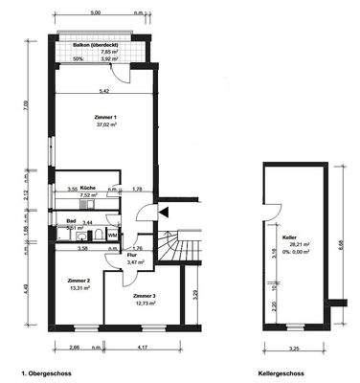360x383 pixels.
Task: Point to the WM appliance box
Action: coord(112,235)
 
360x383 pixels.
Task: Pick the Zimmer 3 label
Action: coord(146,297)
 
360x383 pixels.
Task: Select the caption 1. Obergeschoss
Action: coord(44,371)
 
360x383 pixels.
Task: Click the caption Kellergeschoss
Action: coord(281,371)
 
